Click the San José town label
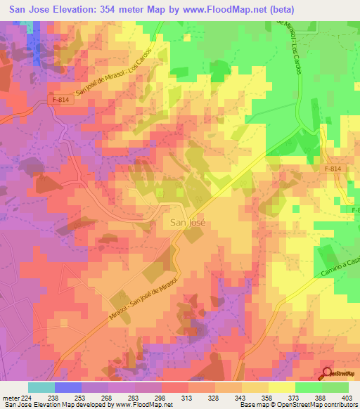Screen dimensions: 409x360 click(x=188, y=221)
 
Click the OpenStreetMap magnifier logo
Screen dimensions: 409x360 click(x=327, y=373)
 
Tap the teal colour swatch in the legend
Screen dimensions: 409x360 click(x=41, y=387)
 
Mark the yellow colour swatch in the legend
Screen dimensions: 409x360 click(x=282, y=387)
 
